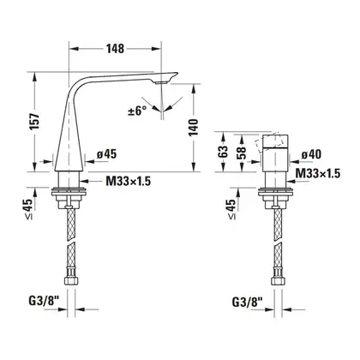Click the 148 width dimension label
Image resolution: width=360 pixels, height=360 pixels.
116,49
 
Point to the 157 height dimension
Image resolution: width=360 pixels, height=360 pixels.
35,122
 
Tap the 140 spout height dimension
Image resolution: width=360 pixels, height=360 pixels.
194,127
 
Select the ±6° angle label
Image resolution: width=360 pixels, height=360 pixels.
137,111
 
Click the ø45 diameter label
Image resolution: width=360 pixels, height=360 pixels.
106,154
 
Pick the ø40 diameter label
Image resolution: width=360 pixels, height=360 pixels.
311,154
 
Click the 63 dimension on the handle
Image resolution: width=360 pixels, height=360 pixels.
224,152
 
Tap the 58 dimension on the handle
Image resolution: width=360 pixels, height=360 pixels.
242,153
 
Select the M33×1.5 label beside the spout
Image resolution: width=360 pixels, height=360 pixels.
129,181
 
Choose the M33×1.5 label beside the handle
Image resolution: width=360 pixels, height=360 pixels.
318,173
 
